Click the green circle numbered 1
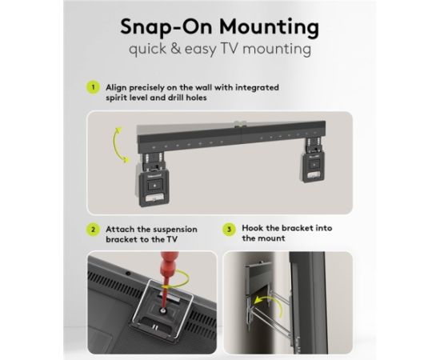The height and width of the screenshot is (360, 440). (x=93, y=87)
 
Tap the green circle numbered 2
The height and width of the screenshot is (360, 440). (x=93, y=230)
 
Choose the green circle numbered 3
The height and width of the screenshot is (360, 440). (x=229, y=230)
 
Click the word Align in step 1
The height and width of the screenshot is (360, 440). (x=116, y=87)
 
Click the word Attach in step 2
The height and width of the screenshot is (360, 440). (x=119, y=230)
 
